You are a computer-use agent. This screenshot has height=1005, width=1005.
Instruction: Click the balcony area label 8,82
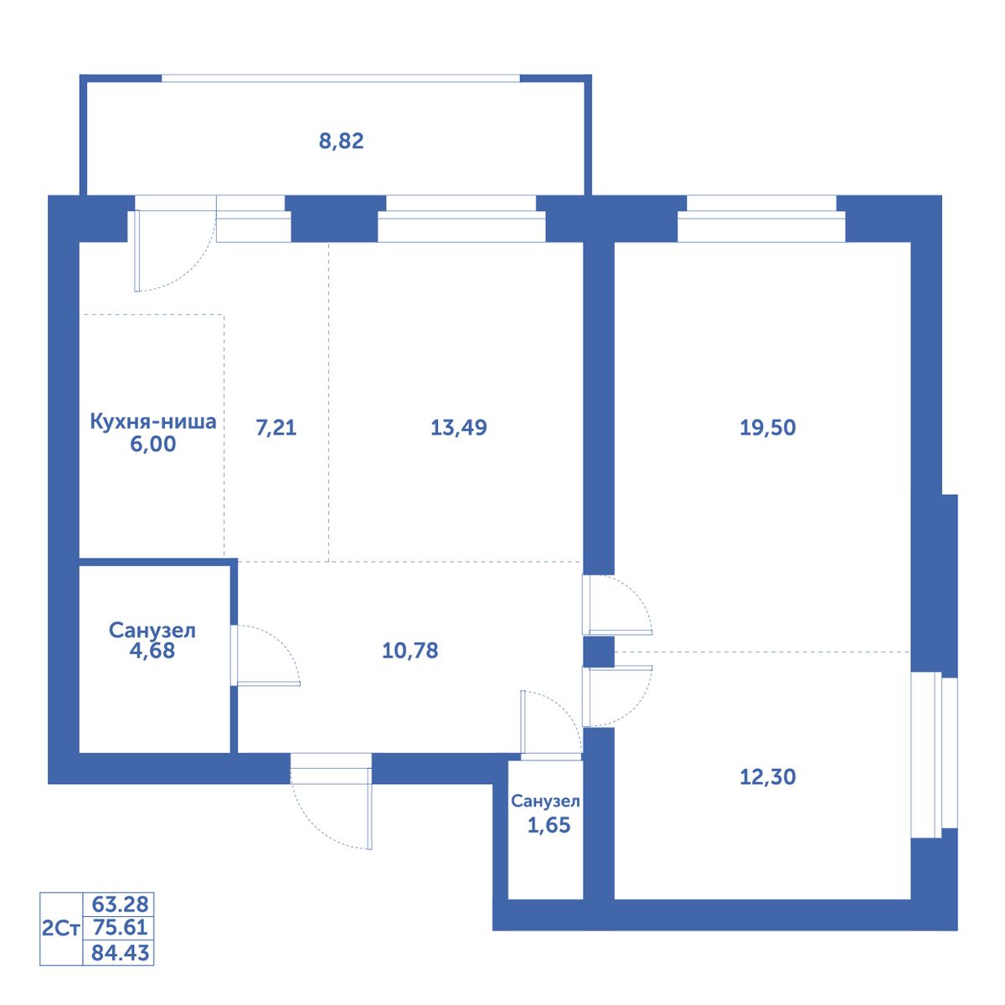point(341,142)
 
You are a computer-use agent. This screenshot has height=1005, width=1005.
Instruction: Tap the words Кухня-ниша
point(152,421)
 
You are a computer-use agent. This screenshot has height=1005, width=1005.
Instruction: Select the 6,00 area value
point(152,444)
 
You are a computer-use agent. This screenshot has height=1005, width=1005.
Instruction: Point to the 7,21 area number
point(276,428)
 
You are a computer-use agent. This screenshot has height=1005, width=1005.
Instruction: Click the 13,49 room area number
point(458,428)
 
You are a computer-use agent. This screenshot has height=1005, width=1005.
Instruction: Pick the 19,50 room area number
point(768,428)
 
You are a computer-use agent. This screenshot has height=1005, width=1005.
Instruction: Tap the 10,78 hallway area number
point(410,651)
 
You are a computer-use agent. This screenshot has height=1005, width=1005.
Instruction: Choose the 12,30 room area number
point(768,776)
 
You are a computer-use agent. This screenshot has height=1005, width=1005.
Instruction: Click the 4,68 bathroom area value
point(152,651)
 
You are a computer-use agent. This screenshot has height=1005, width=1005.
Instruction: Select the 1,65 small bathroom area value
point(549,825)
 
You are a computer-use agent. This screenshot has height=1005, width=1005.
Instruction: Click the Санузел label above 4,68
point(152,631)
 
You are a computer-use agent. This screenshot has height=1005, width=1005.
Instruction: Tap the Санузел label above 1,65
point(545,801)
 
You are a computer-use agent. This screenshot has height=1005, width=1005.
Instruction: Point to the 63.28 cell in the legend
point(120,903)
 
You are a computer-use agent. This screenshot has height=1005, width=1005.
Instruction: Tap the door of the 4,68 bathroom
point(269,683)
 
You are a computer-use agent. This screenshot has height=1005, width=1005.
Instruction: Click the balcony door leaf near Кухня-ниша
point(137,251)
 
